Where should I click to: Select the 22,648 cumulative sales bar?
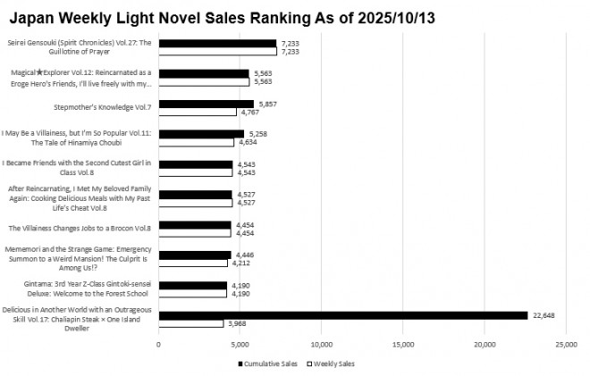pos(343,314)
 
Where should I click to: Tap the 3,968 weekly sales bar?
pos(190,323)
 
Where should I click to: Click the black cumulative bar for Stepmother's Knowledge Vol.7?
pos(206,104)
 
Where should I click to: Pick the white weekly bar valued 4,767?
pos(197,113)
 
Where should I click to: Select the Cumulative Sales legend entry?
pos(268,363)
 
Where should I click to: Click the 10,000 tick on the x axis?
pos(321,344)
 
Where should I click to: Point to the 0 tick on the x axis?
pos(158,344)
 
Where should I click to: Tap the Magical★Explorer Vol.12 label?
pos(79,78)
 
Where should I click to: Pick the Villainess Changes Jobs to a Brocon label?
pos(80,229)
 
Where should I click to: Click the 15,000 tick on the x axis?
pos(402,344)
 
